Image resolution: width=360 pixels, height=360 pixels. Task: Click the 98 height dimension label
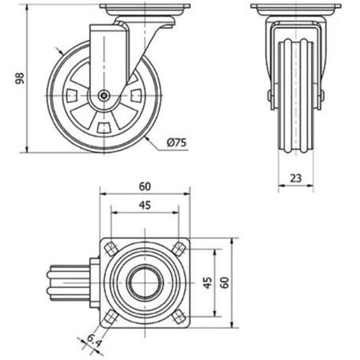20,78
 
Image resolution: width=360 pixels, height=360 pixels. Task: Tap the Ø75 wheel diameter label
177,142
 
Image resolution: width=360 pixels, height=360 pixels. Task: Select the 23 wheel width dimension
296,178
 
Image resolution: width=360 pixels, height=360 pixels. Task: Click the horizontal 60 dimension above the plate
145,187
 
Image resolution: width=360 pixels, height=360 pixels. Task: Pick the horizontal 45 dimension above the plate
145,205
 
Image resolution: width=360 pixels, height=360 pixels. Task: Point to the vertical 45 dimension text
208,283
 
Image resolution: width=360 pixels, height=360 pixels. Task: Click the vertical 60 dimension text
224,283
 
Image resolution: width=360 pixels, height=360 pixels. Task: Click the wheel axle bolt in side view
103,96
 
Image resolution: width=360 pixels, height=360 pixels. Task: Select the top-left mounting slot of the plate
110,248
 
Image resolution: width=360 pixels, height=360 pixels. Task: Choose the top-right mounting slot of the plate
179,248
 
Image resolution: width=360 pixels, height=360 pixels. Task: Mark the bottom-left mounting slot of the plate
110,317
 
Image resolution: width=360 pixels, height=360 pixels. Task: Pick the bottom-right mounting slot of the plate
179,317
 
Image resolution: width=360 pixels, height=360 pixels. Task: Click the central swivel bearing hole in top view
145,283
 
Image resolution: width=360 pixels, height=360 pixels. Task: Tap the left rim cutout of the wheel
71,96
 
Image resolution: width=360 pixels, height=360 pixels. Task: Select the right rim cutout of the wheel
136,96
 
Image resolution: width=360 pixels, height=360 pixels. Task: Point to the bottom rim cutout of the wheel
104,128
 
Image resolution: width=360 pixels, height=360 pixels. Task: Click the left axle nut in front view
270,97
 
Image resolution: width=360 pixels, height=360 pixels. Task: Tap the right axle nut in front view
322,97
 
